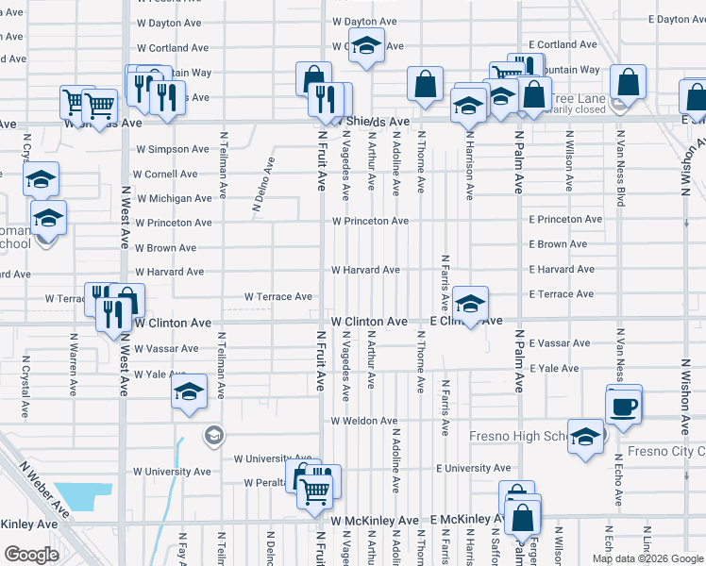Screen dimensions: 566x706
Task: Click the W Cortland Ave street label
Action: pyautogui.click(x=173, y=47)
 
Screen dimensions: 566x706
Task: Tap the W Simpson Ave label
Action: pyautogui.click(x=172, y=149)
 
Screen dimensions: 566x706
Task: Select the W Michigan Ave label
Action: pyautogui.click(x=174, y=198)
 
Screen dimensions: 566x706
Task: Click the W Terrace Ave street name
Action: pyautogui.click(x=277, y=296)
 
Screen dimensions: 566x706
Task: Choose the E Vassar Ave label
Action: pyautogui.click(x=560, y=343)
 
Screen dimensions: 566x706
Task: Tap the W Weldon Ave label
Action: pyautogui.click(x=361, y=420)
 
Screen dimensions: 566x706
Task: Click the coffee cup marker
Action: pyautogui.click(x=624, y=408)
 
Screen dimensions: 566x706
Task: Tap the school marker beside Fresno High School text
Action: pyautogui.click(x=586, y=437)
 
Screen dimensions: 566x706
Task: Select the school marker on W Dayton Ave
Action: pyautogui.click(x=366, y=44)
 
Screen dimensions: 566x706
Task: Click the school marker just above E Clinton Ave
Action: pyautogui.click(x=470, y=304)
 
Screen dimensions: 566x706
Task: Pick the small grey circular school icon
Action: pyautogui.click(x=214, y=434)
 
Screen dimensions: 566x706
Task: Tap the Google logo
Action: pyautogui.click(x=31, y=555)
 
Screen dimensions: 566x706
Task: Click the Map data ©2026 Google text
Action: pyautogui.click(x=647, y=558)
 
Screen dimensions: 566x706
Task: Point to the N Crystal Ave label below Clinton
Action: pyautogui.click(x=26, y=387)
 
